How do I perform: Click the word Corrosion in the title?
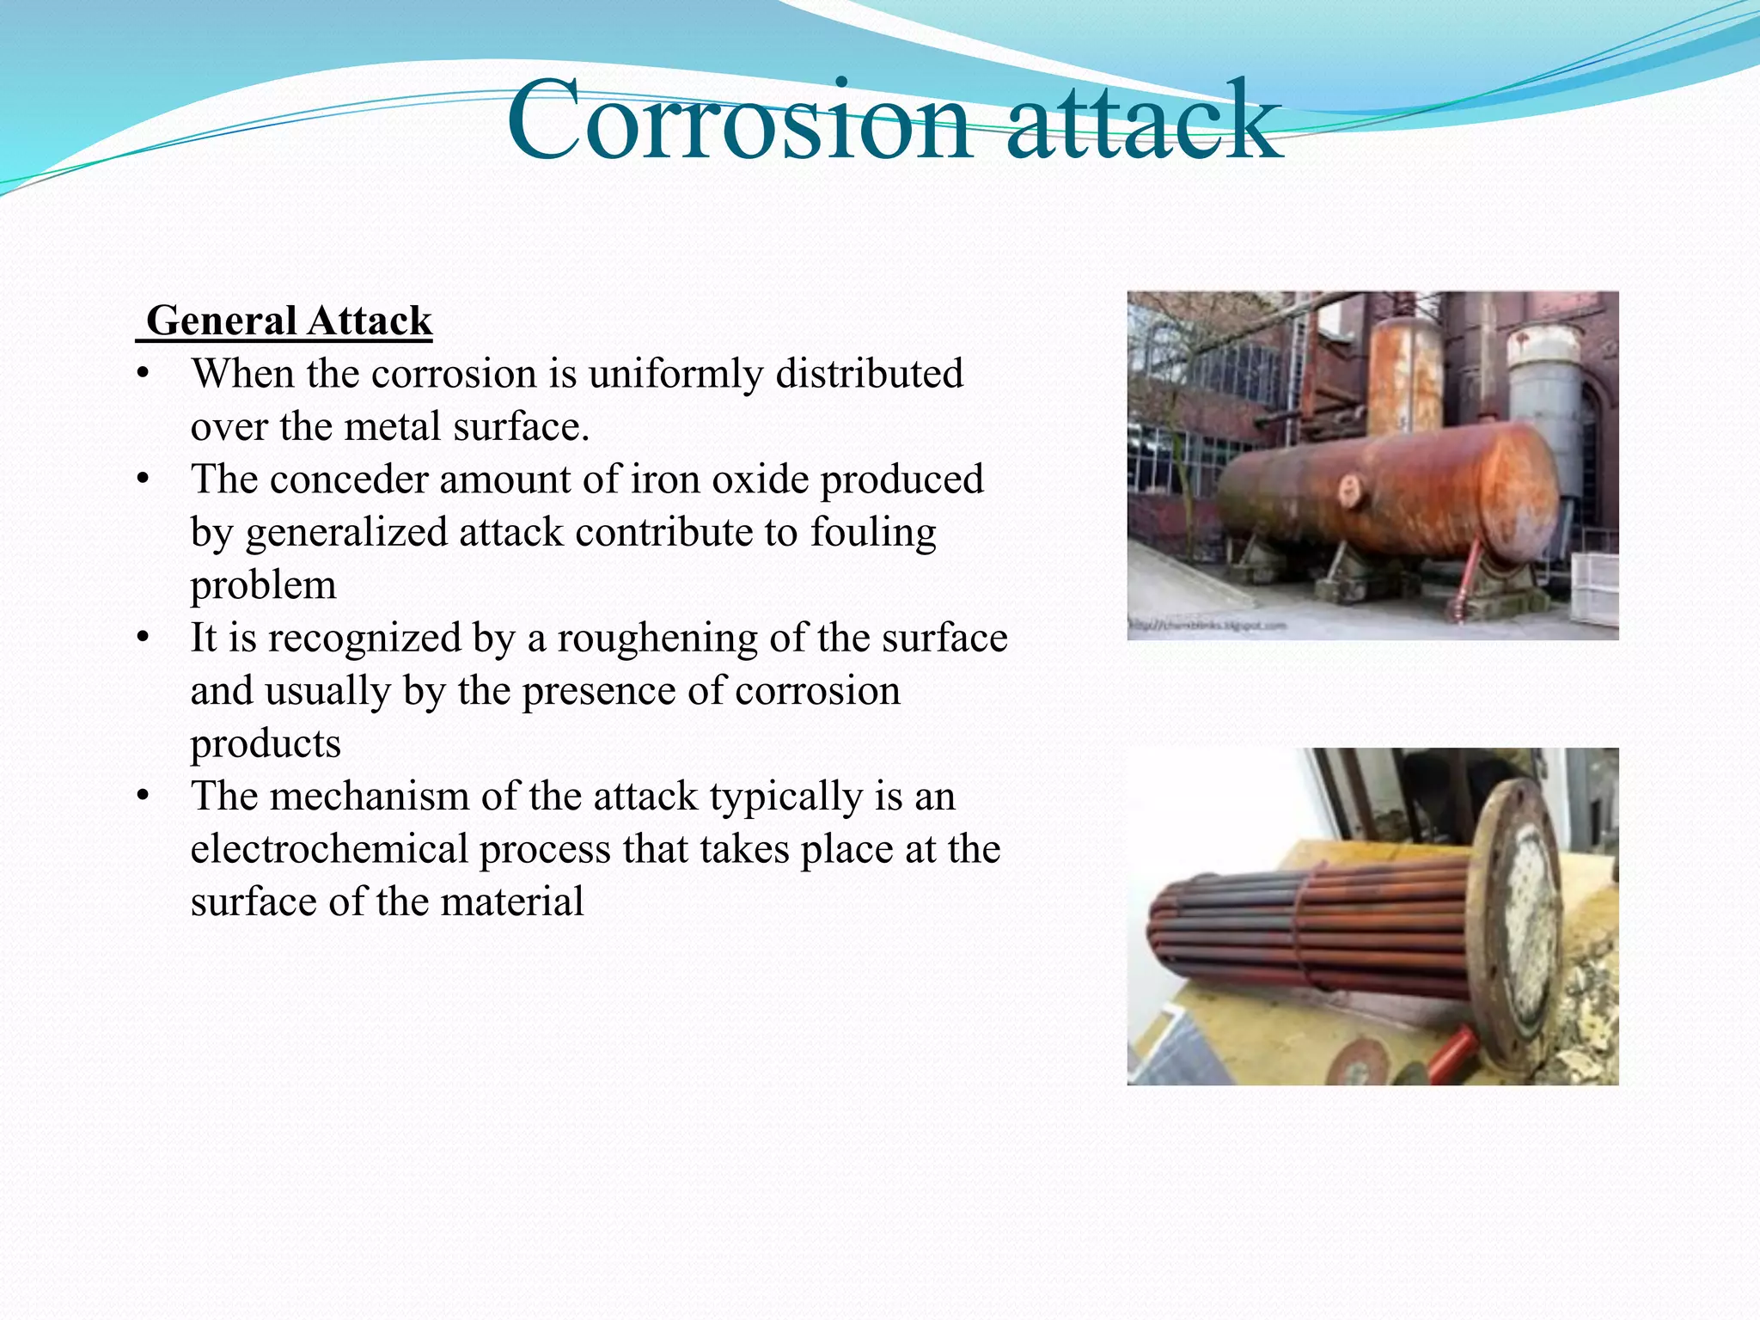coord(739,122)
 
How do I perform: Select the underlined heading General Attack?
coord(289,321)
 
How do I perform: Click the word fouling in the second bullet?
coord(873,532)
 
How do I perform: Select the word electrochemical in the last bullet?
coord(328,849)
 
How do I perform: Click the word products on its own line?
coord(266,743)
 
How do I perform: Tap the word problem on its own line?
coord(263,585)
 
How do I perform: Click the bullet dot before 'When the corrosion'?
coord(143,375)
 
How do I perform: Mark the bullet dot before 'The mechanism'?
coord(143,797)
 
